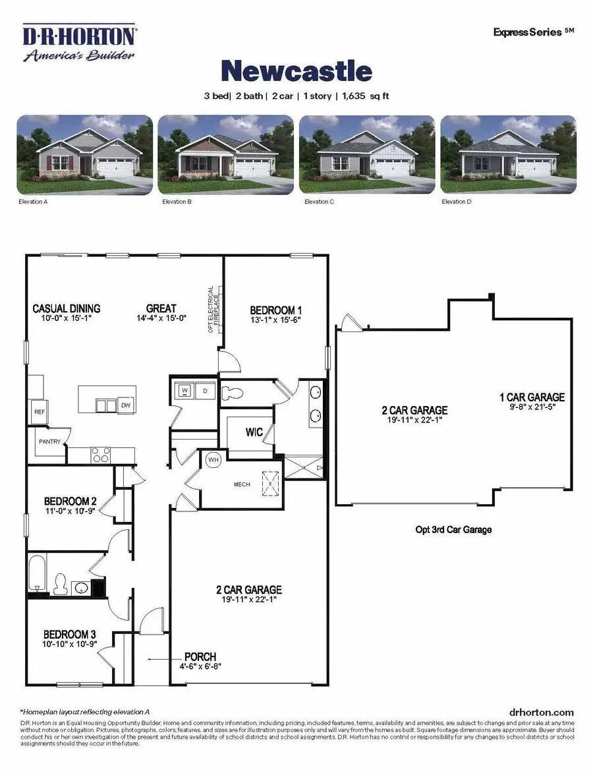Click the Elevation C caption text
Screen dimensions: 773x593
coord(319,202)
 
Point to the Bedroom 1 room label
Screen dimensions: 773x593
coord(276,310)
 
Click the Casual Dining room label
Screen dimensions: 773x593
coord(67,308)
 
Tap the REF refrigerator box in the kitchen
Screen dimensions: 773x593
coord(39,411)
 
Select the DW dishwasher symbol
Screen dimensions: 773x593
coord(125,405)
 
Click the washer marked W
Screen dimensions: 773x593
coord(184,391)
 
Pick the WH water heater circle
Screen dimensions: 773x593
coord(213,459)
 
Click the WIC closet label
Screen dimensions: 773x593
coord(255,433)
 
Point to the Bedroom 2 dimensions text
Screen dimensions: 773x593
coord(71,510)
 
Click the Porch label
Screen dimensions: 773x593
coord(200,656)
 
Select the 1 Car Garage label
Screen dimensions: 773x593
coord(532,397)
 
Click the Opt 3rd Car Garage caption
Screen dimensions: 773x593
coord(453,529)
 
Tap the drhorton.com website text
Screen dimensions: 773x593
coord(542,712)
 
